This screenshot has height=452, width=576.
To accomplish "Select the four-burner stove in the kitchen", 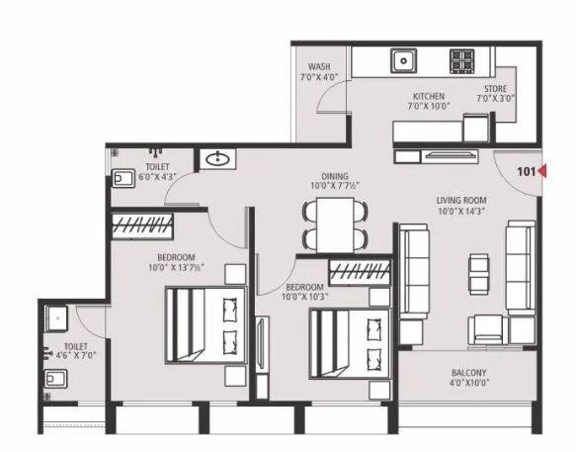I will click(462, 60).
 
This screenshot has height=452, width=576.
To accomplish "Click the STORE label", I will click(495, 87).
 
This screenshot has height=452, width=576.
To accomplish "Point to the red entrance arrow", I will click(541, 173).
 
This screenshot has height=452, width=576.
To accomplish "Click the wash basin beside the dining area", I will click(216, 159).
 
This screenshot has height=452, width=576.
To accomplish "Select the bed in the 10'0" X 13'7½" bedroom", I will click(204, 325).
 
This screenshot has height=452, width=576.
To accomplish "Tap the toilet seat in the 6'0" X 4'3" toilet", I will click(122, 179).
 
